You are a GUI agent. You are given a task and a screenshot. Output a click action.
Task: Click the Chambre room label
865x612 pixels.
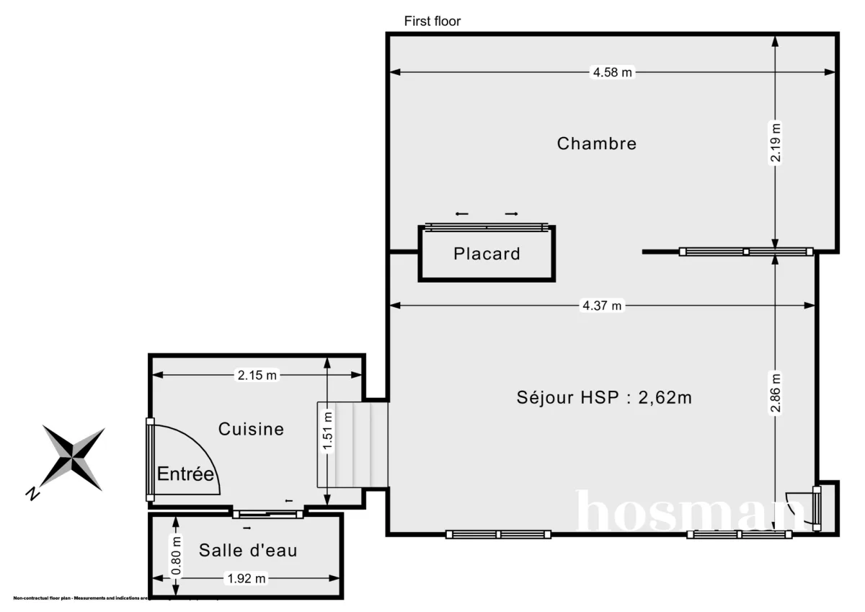coord(596,143)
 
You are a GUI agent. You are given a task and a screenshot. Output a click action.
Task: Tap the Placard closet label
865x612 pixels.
coord(487,254)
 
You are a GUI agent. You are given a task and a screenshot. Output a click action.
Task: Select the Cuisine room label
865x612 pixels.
coord(251,430)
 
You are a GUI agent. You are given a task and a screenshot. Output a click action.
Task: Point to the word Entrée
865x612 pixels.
coord(186,474)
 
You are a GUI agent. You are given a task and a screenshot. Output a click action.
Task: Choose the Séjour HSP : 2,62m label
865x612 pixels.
coord(604,397)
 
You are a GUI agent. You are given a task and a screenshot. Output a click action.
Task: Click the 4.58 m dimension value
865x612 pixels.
coord(612,72)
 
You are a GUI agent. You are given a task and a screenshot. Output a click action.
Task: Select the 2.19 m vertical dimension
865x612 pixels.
coord(775,143)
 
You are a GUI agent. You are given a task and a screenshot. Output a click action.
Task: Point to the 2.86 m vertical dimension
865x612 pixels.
coord(775,394)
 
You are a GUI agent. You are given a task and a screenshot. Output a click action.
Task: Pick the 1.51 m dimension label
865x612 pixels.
coord(328,430)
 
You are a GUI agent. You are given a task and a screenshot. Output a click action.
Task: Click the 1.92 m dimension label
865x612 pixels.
coord(247,578)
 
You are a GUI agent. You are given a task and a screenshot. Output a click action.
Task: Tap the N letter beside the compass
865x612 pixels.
coord(32,494)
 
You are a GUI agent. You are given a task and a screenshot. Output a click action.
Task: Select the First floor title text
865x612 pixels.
coord(432,21)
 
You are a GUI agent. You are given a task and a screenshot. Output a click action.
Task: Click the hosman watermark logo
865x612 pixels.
coord(685,513)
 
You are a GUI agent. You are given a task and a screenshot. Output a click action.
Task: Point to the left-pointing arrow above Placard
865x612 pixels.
coord(461,214)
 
